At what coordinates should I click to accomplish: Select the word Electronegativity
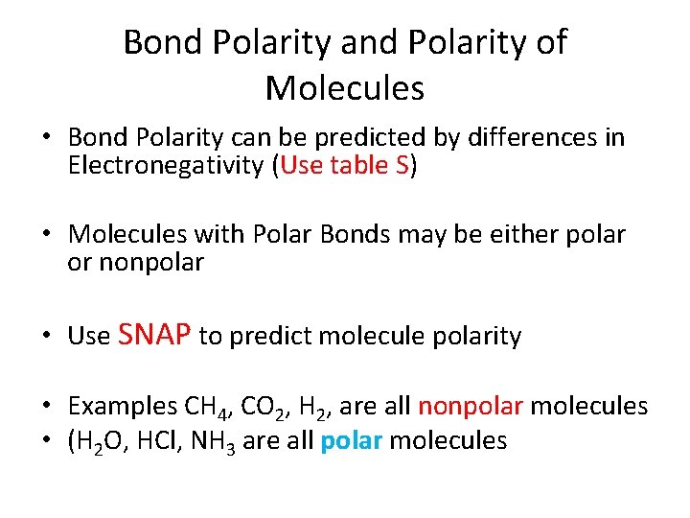(x=168, y=166)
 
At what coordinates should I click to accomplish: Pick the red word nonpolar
(x=470, y=406)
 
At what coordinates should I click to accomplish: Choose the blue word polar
(x=350, y=440)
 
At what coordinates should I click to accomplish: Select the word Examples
(x=108, y=407)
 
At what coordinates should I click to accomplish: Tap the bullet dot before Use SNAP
(x=45, y=336)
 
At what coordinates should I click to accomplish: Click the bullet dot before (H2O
(x=45, y=440)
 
